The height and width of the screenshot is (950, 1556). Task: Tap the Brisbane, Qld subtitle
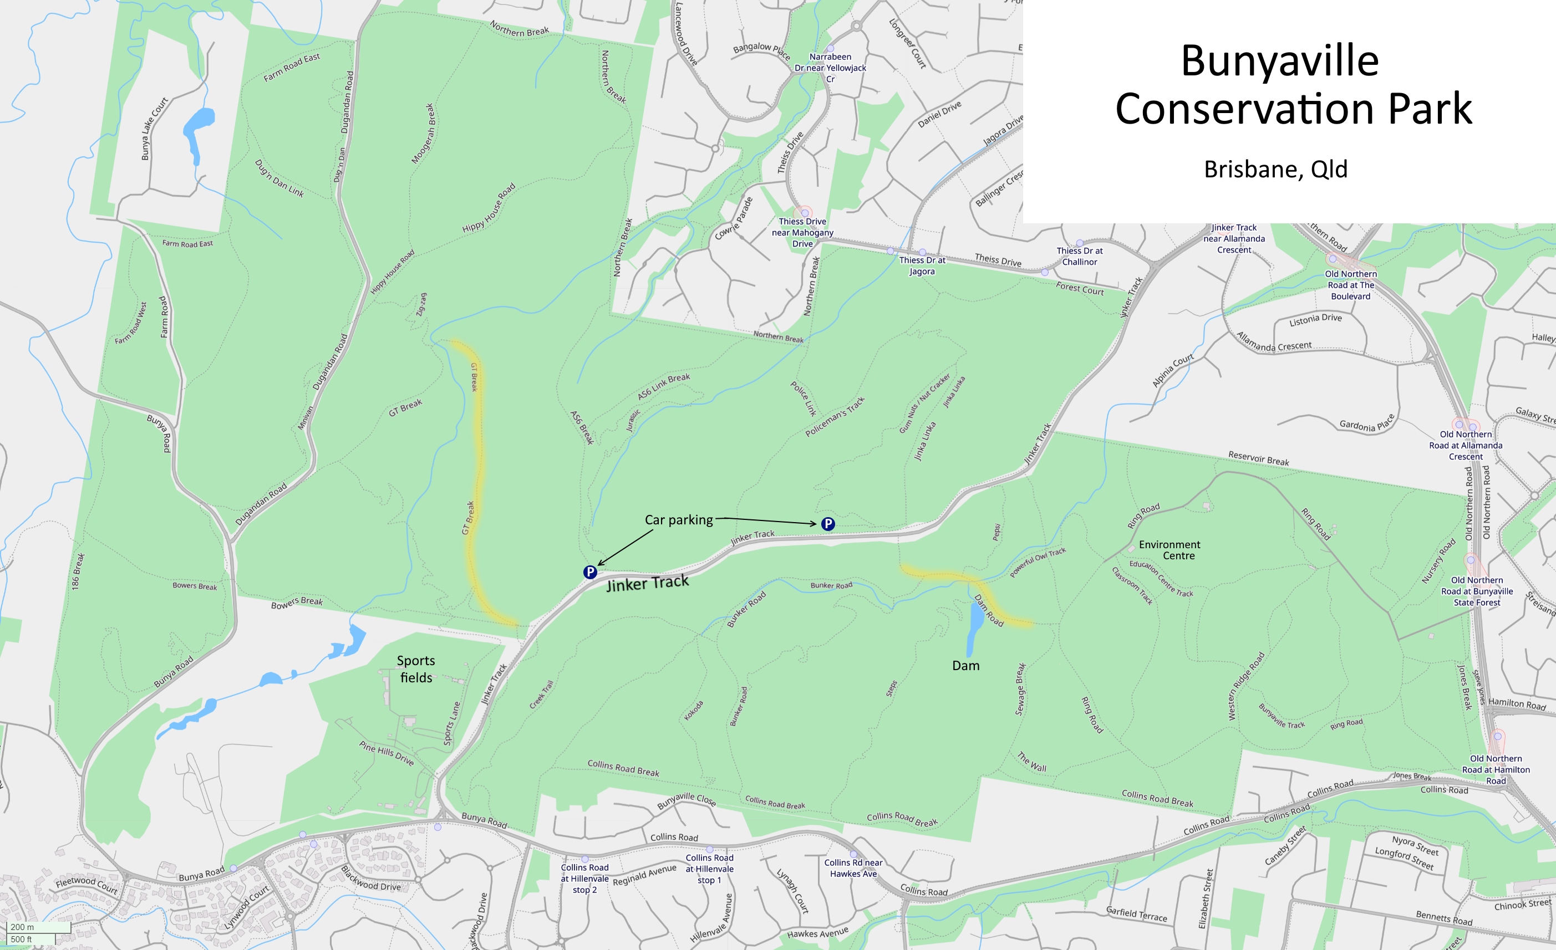(x=1275, y=169)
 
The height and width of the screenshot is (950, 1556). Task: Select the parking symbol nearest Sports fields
(x=590, y=572)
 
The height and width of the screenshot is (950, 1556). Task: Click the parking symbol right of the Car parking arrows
(x=828, y=523)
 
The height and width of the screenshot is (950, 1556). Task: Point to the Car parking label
(x=678, y=519)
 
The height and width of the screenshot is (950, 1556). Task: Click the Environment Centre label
(x=1170, y=550)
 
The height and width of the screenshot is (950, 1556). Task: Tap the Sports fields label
(x=415, y=669)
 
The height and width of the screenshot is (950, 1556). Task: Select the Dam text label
(x=965, y=665)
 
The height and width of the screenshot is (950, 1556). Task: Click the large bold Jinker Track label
(x=647, y=583)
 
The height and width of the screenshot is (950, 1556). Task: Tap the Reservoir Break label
(x=1259, y=458)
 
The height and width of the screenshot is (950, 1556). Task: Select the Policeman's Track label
(x=835, y=417)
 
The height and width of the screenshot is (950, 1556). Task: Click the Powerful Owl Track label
(x=1038, y=562)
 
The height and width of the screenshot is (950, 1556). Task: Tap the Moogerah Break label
(x=423, y=134)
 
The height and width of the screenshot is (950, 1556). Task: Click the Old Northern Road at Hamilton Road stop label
(x=1496, y=769)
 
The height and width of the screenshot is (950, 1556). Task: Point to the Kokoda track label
(x=693, y=710)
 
